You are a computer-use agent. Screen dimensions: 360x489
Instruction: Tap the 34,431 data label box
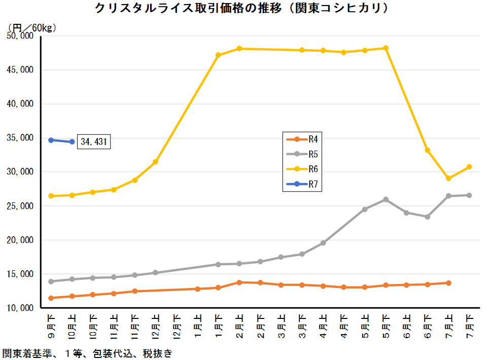tap(94, 142)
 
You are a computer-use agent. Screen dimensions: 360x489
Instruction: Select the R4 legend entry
tap(303, 139)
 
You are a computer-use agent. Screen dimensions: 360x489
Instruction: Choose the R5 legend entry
tap(303, 154)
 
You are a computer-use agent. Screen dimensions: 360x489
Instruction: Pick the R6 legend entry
tap(303, 169)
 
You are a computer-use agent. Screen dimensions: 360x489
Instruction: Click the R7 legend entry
tap(303, 184)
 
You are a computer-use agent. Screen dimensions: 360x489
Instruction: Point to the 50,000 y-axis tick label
tap(19, 36)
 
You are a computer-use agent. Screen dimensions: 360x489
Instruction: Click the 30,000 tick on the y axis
tap(19, 172)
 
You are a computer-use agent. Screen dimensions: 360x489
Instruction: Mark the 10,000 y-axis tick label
tap(19, 308)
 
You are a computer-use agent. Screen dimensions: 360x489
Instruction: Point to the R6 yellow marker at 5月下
tap(386, 48)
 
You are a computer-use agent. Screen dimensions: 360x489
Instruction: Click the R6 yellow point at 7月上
tap(448, 178)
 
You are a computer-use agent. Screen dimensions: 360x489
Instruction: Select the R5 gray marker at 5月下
tap(386, 199)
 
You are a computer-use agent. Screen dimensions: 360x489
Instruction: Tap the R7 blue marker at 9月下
tap(51, 140)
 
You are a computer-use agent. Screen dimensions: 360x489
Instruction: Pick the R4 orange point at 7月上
tap(448, 283)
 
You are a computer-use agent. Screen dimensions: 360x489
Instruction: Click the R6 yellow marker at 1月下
tap(218, 55)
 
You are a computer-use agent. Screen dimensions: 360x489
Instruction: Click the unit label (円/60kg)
tap(32, 27)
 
